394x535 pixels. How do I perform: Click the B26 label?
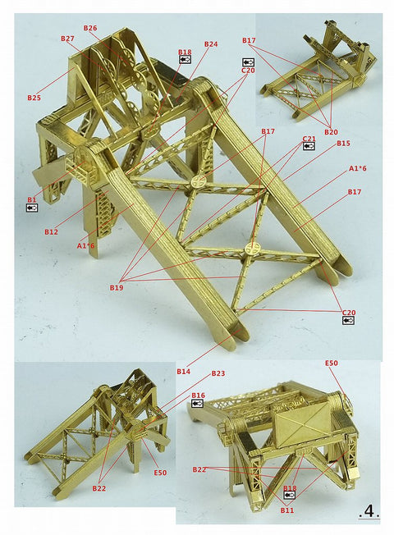point(90,28)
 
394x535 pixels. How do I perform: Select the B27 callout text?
point(67,39)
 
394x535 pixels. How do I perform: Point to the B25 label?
point(34,98)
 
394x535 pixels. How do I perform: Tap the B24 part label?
point(211,44)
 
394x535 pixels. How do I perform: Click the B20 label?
point(331,132)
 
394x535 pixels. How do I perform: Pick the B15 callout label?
point(343,144)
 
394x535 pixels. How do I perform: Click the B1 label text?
point(32,199)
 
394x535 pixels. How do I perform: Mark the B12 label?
point(52,232)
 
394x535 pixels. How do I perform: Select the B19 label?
point(117,287)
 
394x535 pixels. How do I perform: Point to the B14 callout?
point(184,372)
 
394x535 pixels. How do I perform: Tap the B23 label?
point(218,373)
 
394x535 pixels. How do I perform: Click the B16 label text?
point(198,396)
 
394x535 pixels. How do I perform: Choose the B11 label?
point(286,510)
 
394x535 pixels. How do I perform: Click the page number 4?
point(369,511)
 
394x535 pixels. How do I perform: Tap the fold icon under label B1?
point(32,208)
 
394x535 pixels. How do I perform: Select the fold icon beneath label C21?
point(309,146)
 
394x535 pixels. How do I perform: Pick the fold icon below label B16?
point(198,404)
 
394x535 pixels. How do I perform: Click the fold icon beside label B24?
point(185,60)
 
